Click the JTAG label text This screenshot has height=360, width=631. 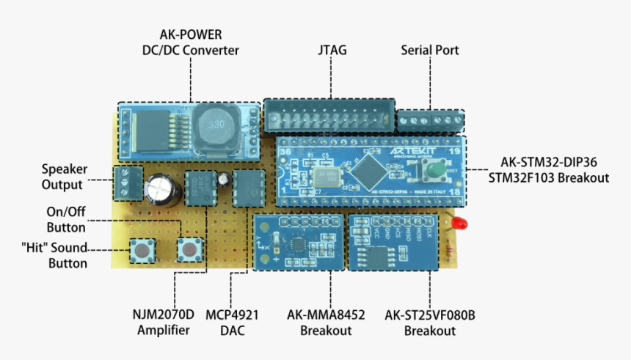coord(332,51)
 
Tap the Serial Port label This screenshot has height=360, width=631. coord(429,51)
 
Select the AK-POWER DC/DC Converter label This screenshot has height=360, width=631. coord(191,43)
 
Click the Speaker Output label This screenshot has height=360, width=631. coord(62,177)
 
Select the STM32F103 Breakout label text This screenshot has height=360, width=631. coord(550,178)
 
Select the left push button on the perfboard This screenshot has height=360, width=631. coord(140,251)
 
